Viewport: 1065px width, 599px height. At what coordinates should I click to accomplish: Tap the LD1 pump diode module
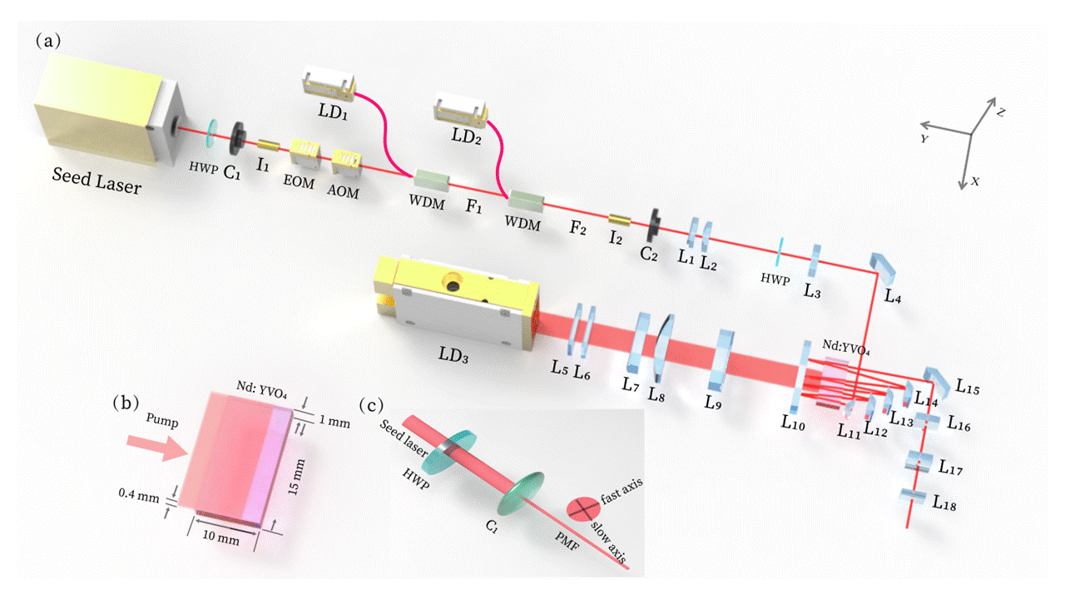[330, 86]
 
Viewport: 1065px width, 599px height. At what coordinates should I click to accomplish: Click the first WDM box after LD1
[431, 180]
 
